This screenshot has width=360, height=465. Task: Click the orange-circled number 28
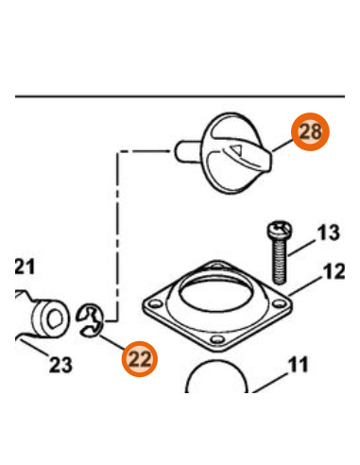[x=310, y=131]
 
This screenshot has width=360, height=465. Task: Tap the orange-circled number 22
[x=140, y=359]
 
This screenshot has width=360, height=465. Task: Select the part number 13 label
[x=329, y=232]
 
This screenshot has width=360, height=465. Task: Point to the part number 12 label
[x=334, y=271]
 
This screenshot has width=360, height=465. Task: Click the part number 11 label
[x=298, y=365]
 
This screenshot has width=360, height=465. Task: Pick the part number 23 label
[x=60, y=365]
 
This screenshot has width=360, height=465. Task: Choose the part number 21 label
[x=25, y=267]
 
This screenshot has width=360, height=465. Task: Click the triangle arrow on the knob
[x=236, y=148]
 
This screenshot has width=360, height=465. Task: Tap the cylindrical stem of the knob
[x=187, y=152]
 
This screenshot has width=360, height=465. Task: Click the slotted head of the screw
[x=280, y=229]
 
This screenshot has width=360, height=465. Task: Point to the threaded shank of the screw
[x=280, y=260]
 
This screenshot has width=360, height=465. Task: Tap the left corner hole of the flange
[x=155, y=303]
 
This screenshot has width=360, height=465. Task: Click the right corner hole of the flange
[x=279, y=303]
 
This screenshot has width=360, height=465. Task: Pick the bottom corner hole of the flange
[x=217, y=339]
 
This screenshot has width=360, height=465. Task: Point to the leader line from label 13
[x=301, y=248]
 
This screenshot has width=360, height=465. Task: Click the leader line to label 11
[x=270, y=383]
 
